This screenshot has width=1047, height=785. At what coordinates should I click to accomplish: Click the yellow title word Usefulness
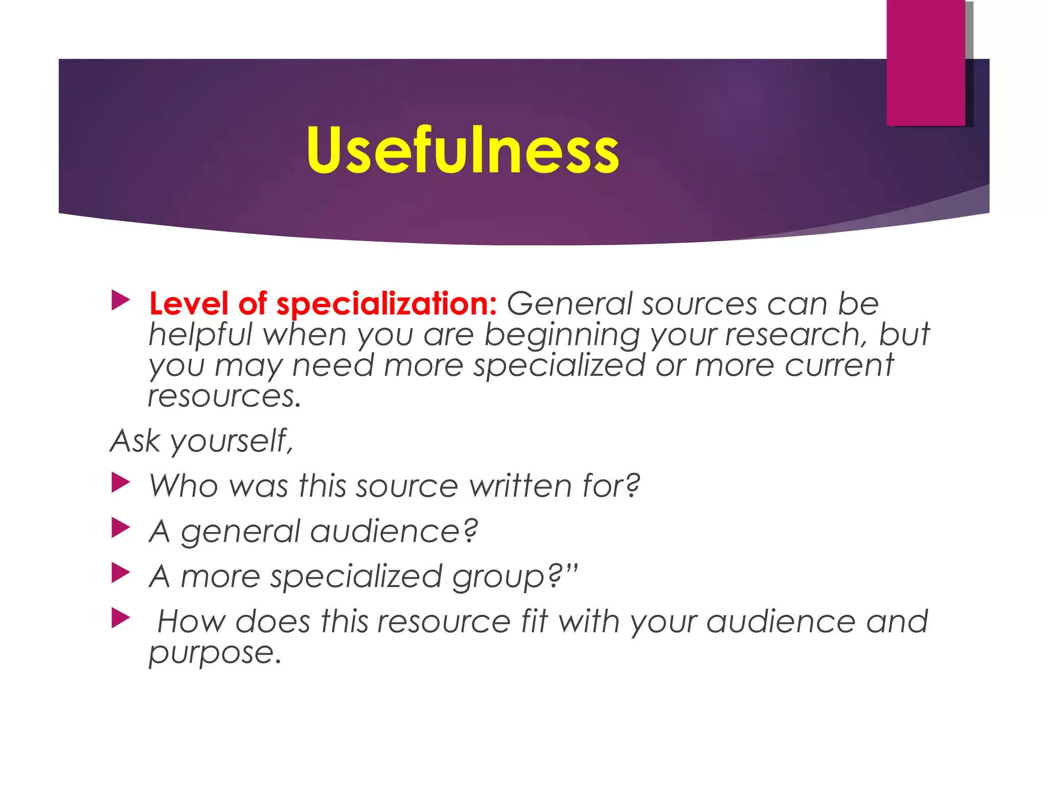coord(463,150)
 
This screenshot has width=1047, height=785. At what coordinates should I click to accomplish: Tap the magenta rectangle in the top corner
coord(925,62)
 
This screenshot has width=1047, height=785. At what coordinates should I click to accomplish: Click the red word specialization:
coord(386,304)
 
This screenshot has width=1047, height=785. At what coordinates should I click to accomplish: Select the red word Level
coord(189,304)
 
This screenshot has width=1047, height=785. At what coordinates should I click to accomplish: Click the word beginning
coord(562,335)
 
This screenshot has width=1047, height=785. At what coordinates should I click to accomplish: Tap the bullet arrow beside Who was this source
coord(121,482)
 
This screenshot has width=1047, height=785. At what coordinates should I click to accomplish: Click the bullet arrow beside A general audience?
coord(121,527)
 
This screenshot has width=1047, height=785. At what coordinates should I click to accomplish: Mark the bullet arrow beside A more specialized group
coord(121,573)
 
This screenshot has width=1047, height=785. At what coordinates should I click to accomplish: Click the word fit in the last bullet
coord(535,621)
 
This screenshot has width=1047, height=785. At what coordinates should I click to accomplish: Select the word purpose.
coord(215,653)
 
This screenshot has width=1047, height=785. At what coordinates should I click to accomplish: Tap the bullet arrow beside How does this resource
coord(121,618)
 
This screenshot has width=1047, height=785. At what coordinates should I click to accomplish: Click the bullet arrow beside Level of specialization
coord(121,301)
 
